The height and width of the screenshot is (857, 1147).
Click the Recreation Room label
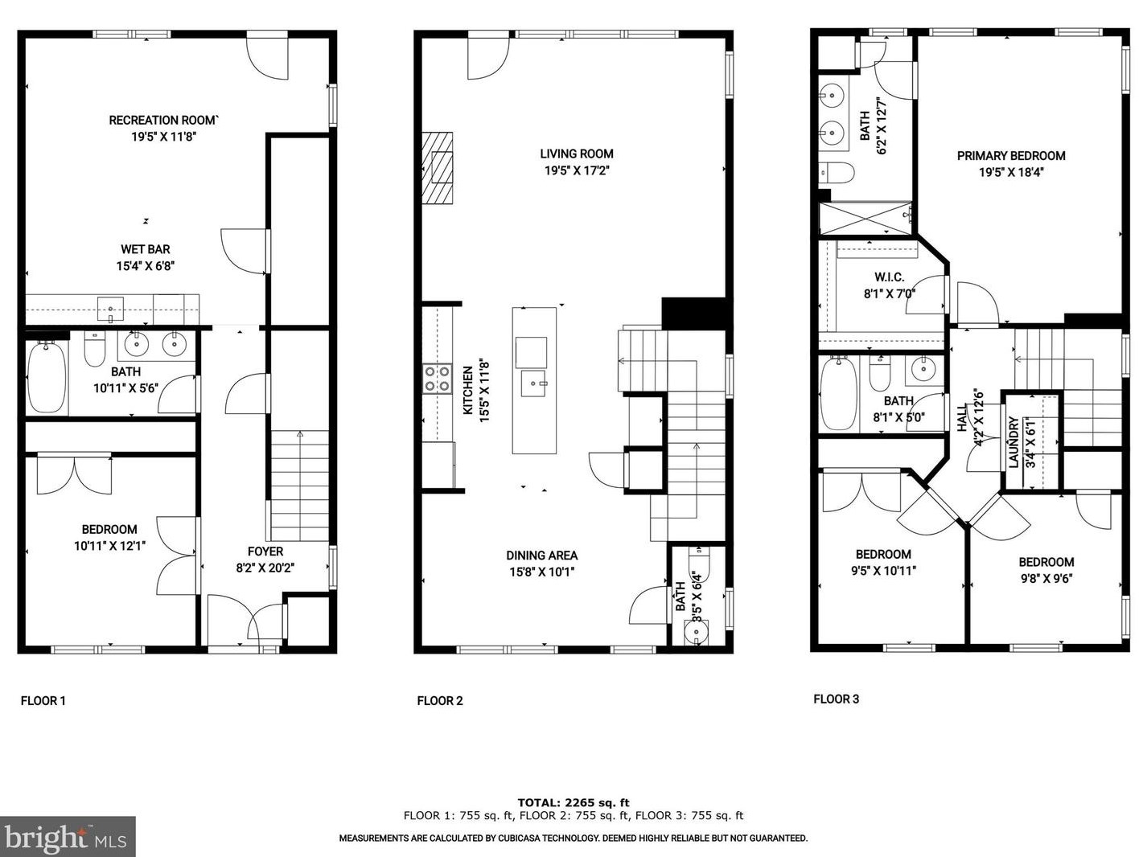pos(163,121)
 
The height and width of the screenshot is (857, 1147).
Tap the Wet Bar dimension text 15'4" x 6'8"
pos(146,266)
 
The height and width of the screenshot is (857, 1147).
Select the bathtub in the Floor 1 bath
pos(47,376)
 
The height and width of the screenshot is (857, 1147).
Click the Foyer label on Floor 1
pos(265,552)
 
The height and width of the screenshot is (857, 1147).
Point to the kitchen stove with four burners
pos(437,379)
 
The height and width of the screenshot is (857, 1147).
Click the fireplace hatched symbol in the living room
pos(438,169)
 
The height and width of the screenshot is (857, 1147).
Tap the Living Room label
pos(576,154)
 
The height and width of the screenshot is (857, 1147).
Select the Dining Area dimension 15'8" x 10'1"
pos(541,572)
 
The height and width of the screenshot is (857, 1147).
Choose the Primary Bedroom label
pos(1010,156)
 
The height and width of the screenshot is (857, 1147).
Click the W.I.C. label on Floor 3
pos(889,277)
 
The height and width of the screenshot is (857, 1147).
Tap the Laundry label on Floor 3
pos(1013,441)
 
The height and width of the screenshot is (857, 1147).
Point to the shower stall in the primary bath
pos(865,217)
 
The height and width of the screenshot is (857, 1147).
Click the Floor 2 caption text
pos(440,701)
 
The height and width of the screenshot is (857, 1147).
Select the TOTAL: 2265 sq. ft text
pos(573,802)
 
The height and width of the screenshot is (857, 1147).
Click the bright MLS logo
pos(68,837)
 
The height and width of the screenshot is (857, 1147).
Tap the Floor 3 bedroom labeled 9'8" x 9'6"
pos(1046,570)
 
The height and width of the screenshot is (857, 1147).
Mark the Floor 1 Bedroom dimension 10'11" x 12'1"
pos(109,546)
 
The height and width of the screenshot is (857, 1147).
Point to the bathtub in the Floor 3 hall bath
pos(840,394)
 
